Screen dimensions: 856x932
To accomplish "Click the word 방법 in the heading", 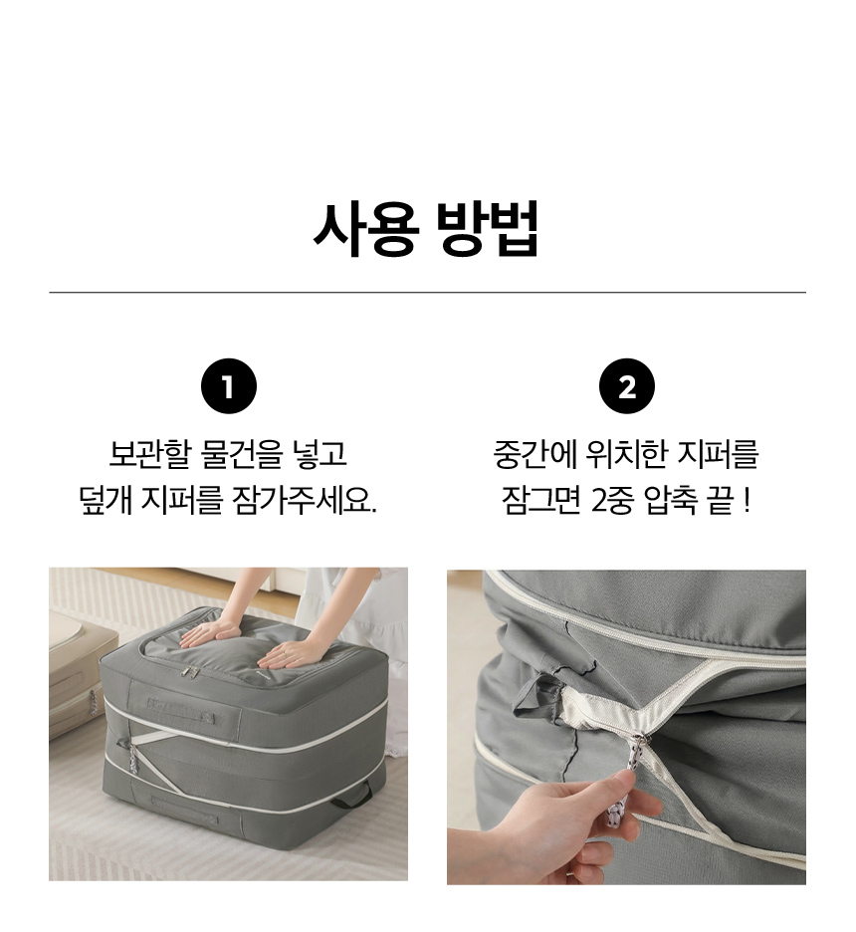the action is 487,229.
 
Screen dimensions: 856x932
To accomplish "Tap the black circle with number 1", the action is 229,386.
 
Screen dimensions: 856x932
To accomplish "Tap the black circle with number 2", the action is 627,386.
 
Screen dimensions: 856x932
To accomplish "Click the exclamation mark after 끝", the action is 747,501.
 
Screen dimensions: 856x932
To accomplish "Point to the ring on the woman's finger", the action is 285,654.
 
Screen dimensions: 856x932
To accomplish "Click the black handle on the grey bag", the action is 351,797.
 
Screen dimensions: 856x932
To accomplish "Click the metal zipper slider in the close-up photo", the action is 639,744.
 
